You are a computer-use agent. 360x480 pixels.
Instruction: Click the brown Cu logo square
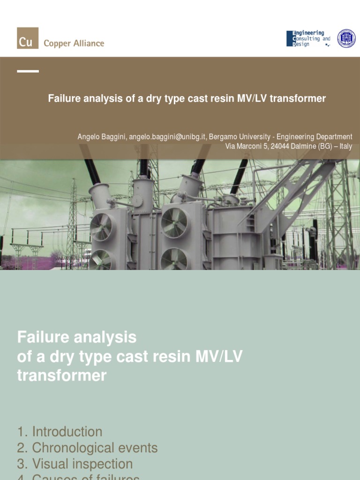[28, 38]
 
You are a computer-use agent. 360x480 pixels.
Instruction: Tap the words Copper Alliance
[74, 43]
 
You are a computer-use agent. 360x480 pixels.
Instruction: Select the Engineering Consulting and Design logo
[308, 38]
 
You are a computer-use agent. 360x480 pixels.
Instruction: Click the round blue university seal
[346, 38]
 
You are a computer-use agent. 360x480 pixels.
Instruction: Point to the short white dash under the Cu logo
[28, 71]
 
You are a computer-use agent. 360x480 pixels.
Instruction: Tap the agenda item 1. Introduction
[60, 432]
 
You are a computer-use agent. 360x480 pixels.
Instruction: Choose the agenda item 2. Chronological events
[87, 448]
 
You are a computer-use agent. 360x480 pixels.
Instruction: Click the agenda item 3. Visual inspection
[75, 464]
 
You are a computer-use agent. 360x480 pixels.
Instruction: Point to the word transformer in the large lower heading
[62, 375]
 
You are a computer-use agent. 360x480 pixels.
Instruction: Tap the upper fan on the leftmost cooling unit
[101, 227]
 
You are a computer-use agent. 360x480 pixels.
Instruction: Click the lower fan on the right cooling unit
[174, 259]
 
